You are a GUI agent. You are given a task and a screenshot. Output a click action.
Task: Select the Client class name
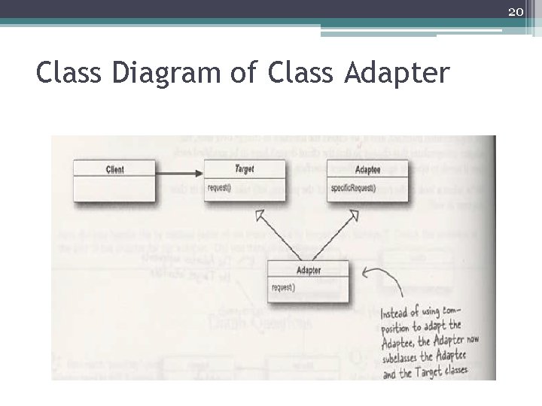coord(115,170)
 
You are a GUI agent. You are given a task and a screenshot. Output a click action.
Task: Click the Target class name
coord(244,169)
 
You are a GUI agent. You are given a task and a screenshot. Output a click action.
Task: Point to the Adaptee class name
coord(367,170)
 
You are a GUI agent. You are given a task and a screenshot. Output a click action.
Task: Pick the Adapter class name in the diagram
coord(309,270)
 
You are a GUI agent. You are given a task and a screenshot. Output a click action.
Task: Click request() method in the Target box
coord(220,187)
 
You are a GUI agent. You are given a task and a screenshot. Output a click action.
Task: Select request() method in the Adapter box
coord(283,287)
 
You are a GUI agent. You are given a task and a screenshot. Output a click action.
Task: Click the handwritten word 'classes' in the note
coord(452,370)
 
